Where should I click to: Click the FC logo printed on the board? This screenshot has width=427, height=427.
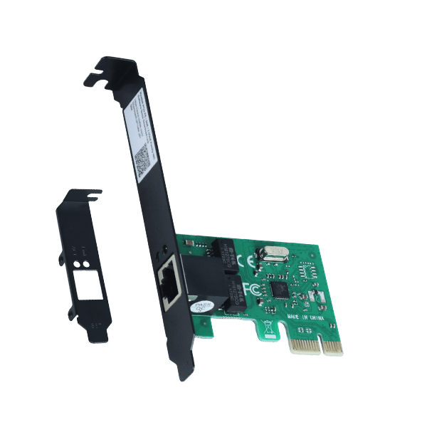(251, 289)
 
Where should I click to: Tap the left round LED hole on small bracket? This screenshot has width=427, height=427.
(78, 264)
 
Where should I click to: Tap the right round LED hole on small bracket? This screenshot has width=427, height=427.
(87, 263)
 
